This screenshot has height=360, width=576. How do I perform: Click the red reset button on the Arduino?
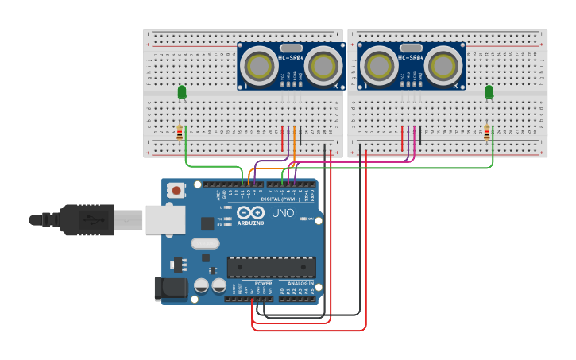(176, 190)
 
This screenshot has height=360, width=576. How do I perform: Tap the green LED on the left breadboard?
(182, 92)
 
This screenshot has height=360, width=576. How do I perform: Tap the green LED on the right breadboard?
(489, 92)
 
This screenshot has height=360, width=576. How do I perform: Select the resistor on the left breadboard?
(180, 132)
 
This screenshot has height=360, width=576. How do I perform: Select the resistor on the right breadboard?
(486, 132)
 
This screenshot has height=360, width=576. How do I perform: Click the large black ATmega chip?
(271, 267)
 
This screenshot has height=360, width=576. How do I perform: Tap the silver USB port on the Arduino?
(165, 220)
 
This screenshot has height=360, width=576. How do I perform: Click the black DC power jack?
(171, 288)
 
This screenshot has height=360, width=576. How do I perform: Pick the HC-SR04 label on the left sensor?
(291, 58)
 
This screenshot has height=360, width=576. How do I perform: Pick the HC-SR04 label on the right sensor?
(412, 58)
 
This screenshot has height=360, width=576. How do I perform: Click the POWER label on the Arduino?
(263, 283)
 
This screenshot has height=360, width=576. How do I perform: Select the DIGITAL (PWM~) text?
(281, 199)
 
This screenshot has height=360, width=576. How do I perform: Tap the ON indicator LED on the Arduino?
(303, 219)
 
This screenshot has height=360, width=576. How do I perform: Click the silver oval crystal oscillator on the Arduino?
(204, 243)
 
